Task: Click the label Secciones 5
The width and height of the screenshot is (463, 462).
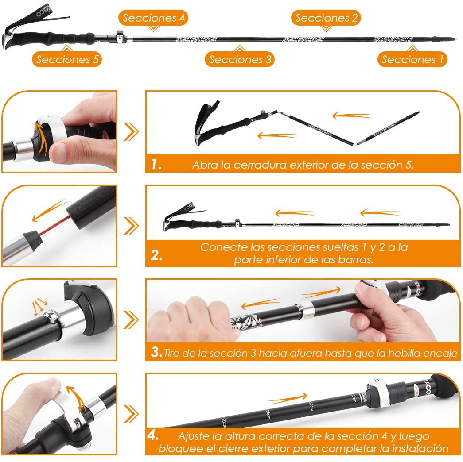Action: pos(67,59)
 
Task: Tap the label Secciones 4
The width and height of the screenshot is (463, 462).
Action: pos(153,18)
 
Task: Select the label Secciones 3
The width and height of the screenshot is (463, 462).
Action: pos(240,59)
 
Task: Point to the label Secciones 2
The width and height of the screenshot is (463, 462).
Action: pos(326,18)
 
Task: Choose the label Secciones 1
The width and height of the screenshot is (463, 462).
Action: pos(412,59)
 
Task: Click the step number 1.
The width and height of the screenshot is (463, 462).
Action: pos(156,164)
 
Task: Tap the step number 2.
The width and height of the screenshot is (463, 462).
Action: pos(156,255)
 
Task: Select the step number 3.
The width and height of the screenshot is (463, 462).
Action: pos(156,352)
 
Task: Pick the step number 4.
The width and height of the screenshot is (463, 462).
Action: pos(153,435)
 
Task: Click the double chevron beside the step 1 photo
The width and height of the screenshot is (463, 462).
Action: pos(131,131)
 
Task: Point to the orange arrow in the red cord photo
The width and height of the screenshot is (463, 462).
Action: pos(49,210)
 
